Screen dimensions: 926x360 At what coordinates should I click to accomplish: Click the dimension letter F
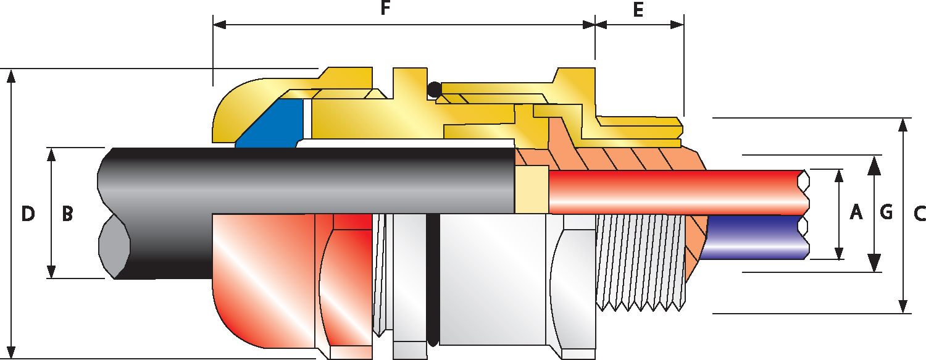coord(385,8)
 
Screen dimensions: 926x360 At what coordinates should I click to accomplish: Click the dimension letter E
coord(638,9)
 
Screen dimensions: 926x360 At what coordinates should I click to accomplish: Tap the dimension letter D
coord(28,214)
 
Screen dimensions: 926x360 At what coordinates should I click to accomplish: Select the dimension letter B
coord(67,214)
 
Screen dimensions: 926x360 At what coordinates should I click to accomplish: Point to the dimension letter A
coord(856,212)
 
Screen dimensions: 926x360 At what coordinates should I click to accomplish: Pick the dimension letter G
coord(886,212)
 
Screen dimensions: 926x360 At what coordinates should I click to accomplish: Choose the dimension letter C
coord(919,214)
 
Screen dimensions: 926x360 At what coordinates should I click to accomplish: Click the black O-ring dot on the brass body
coord(435,90)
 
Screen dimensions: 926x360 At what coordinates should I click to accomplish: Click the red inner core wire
coord(678,192)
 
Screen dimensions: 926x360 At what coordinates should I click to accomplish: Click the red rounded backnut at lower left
coord(265,281)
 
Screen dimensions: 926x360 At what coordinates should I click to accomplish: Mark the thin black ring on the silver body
coord(433,280)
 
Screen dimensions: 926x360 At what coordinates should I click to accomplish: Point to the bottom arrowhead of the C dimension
coord(904,305)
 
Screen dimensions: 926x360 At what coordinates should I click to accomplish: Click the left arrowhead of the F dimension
coord(220,25)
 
